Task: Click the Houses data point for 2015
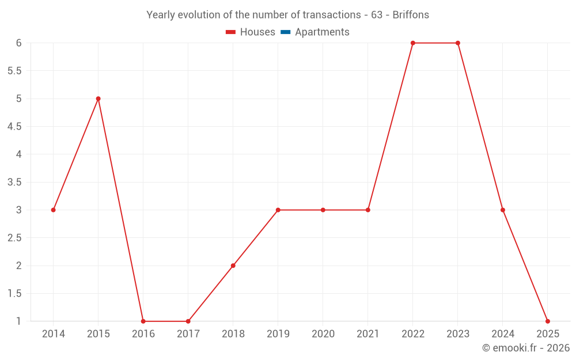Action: click(x=98, y=98)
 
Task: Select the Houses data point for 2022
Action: click(x=413, y=43)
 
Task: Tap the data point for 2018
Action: click(x=233, y=266)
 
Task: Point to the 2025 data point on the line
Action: click(x=548, y=321)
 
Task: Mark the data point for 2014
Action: click(x=53, y=210)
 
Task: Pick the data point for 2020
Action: click(x=323, y=210)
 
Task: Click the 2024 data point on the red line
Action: click(x=503, y=210)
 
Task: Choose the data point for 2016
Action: click(x=143, y=321)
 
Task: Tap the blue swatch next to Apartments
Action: click(x=286, y=32)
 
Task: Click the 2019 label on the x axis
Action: click(x=278, y=334)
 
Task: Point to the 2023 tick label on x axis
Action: click(x=458, y=334)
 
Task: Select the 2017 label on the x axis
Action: click(x=188, y=334)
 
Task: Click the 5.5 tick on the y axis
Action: click(x=14, y=71)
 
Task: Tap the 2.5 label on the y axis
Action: click(x=14, y=238)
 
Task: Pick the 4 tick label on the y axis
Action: click(x=18, y=154)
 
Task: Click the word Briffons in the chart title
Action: click(x=411, y=15)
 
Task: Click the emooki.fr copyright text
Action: click(x=526, y=348)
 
